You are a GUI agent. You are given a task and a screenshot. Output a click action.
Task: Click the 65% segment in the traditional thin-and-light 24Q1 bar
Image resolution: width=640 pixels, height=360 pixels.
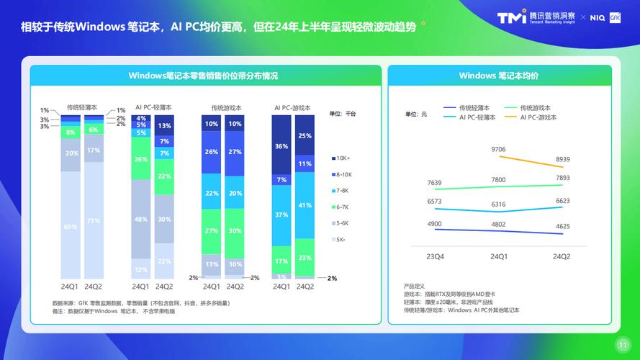click(x=71, y=227)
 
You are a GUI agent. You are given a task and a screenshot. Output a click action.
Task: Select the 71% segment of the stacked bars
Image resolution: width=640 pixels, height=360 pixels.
click(x=94, y=221)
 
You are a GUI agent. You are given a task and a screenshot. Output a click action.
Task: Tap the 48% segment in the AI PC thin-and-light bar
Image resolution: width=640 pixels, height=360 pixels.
click(x=142, y=219)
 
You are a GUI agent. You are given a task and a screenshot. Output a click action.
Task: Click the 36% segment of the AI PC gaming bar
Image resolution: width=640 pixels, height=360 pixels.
click(x=282, y=146)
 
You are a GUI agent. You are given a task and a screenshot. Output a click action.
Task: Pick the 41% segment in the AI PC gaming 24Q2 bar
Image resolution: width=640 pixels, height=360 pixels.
click(x=305, y=205)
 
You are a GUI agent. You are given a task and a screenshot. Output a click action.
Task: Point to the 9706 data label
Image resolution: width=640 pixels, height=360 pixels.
click(x=498, y=149)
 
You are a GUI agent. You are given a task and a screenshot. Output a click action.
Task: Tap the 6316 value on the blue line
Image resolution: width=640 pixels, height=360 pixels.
click(x=498, y=204)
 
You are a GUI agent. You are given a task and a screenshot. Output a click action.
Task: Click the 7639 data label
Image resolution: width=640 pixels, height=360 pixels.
click(x=435, y=183)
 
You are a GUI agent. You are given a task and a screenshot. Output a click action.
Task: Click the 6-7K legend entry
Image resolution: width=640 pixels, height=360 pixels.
click(x=342, y=207)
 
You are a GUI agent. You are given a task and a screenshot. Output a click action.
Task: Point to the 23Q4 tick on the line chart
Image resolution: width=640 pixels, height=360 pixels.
click(x=435, y=256)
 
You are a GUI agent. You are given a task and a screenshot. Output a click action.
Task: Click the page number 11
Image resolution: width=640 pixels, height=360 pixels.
click(x=622, y=343)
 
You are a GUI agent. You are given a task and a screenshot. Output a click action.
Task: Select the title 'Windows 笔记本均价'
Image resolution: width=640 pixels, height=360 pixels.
click(x=499, y=76)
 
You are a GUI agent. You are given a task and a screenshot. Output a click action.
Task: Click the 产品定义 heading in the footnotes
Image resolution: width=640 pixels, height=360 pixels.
click(x=415, y=287)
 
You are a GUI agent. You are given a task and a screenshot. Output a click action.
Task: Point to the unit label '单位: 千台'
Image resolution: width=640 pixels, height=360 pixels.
click(x=343, y=114)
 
